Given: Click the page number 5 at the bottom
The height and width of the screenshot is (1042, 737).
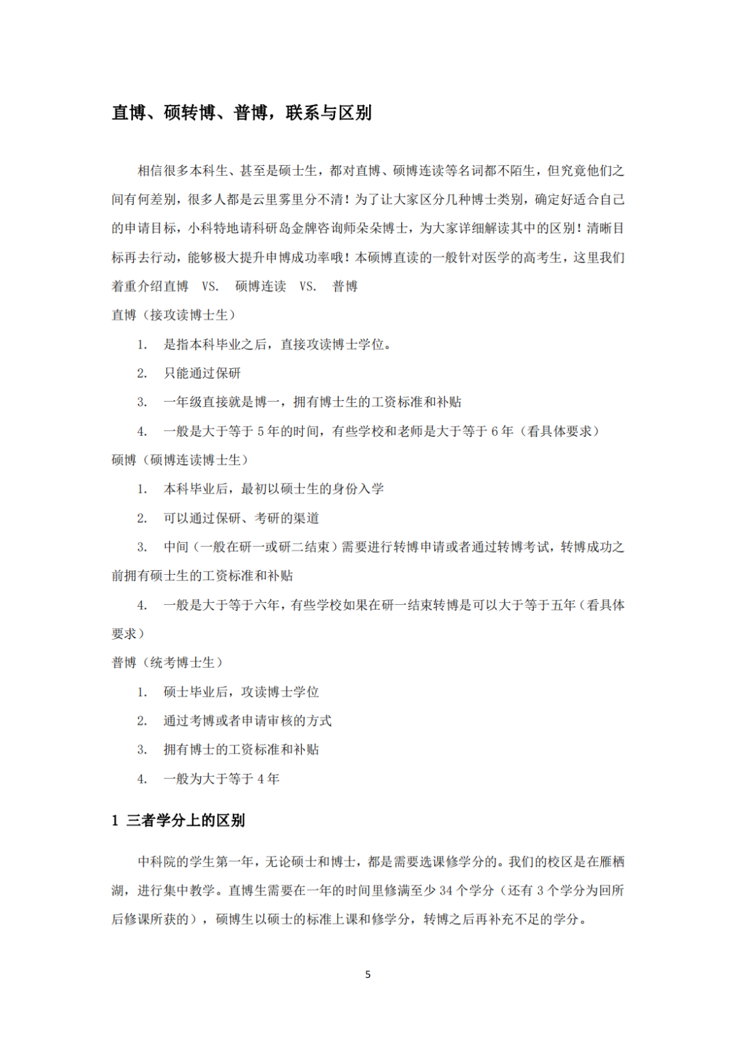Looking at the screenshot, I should point(368,974).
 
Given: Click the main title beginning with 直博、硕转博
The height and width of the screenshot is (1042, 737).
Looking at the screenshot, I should point(242,113).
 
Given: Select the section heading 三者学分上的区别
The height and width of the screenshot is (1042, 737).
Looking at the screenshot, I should point(185,820).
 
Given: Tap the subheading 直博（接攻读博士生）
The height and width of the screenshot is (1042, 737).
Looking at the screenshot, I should point(173,315).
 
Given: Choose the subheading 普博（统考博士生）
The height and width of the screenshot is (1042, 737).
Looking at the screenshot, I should point(167,663).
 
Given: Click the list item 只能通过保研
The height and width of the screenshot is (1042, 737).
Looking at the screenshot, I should point(202,373).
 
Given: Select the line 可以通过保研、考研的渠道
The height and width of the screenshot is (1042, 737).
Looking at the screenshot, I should point(241,518).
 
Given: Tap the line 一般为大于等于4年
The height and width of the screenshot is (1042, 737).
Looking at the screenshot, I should point(221,779).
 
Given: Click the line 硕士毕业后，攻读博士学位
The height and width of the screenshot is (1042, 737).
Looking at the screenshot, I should point(241,692).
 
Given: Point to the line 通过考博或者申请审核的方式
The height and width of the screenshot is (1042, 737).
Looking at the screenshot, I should point(247,721).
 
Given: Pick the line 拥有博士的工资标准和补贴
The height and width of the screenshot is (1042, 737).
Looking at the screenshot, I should point(241,749).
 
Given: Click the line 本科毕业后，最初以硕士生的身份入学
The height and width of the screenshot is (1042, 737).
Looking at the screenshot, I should point(273,489).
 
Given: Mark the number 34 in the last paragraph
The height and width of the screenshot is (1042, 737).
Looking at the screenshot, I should point(446,891).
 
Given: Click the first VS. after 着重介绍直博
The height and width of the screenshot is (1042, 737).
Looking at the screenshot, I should point(210,286).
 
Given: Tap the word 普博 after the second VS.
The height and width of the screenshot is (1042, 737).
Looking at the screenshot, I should point(345,286).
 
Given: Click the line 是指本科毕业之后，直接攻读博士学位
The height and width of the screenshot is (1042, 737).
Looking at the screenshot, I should point(277,344).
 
